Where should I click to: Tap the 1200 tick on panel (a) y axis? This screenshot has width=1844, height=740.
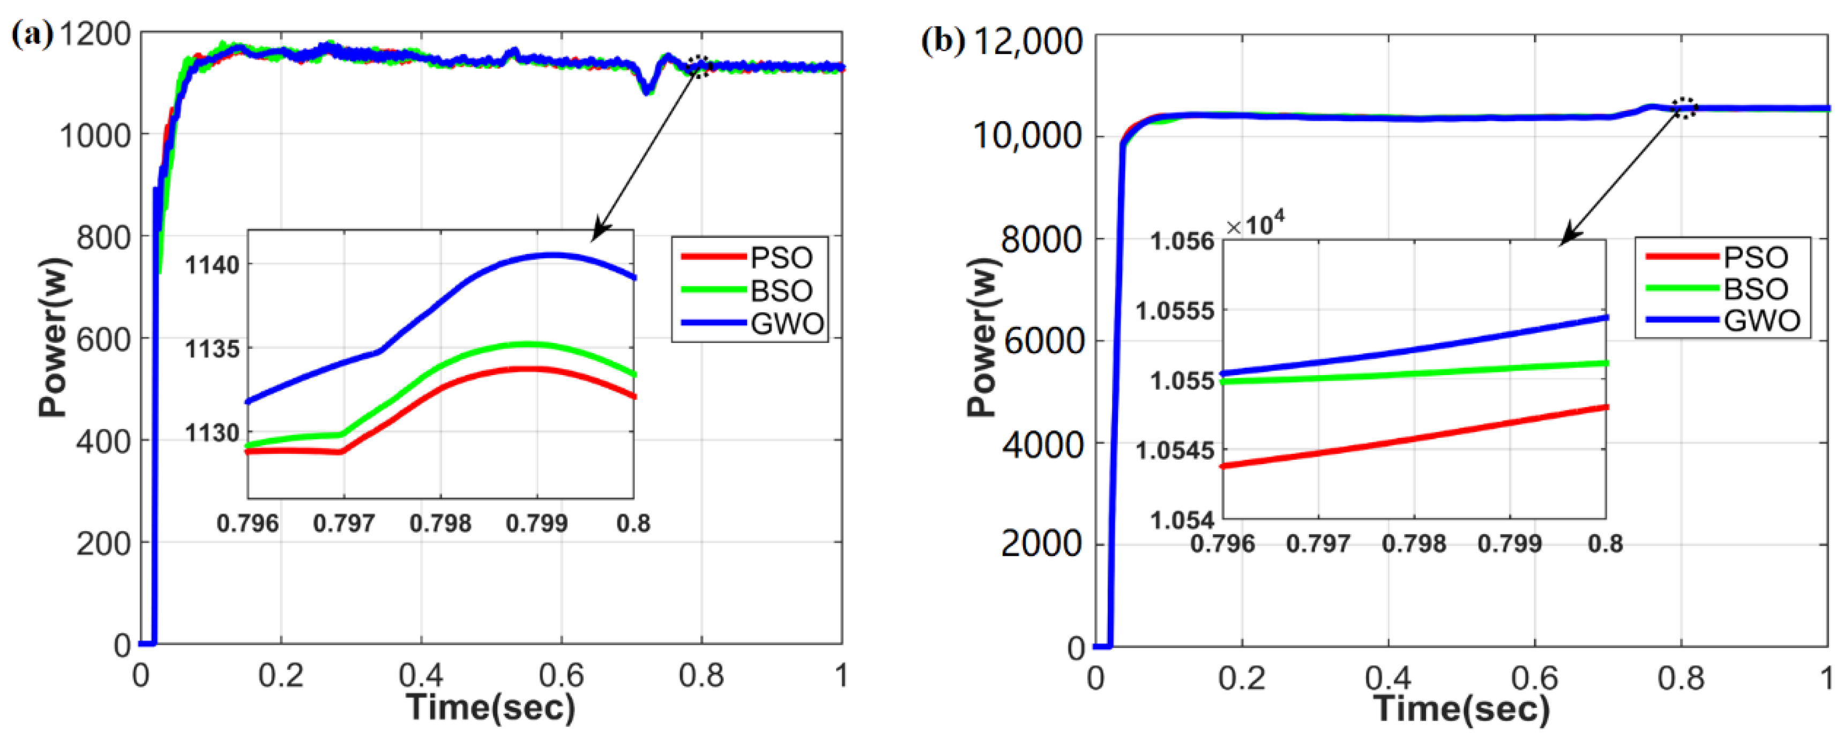point(94,34)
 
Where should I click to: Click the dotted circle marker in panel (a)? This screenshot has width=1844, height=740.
point(699,66)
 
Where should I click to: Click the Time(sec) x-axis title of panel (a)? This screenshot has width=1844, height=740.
point(491,707)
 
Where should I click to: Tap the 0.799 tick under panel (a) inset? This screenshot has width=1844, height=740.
point(536,523)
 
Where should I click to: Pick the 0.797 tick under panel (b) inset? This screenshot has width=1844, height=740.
point(1318,544)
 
